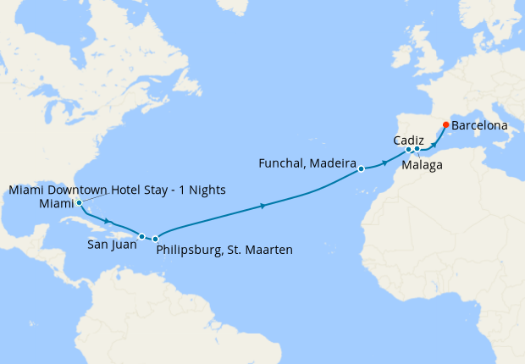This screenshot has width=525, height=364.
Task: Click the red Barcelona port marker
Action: pos(446,125)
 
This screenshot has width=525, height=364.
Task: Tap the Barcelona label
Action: pos(480,125)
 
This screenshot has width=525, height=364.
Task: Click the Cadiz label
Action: pos(409,140)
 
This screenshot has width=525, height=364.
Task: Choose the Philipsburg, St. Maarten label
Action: pos(224,250)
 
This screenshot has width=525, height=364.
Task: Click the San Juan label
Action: pos(109,247)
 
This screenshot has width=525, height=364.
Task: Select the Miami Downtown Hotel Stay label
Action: pos(117,189)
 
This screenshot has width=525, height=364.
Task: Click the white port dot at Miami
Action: pos(79,203)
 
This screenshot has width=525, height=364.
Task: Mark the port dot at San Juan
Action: pos(142,236)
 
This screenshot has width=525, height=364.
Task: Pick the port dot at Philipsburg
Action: pos(156,240)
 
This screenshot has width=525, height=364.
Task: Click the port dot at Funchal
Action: pos(361,168)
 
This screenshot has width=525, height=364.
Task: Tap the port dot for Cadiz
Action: pos(408,151)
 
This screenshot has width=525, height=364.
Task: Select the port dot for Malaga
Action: pos(417,150)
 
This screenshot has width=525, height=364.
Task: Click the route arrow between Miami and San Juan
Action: pos(108,222)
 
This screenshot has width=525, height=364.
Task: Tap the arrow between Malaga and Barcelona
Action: pos(434,143)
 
